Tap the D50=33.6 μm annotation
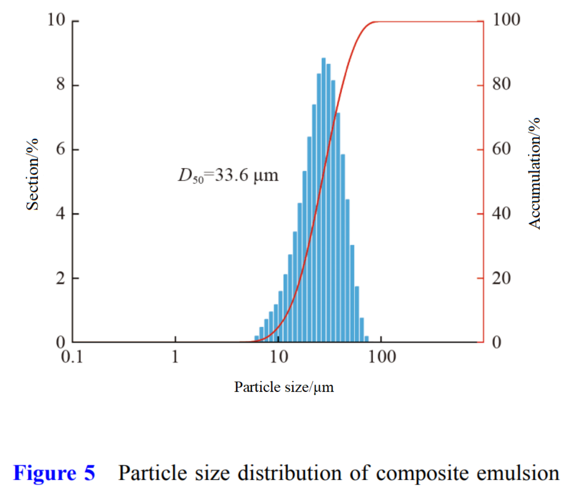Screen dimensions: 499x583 click(x=228, y=175)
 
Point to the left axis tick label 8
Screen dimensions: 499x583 click(x=61, y=85)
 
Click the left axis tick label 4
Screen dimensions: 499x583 click(x=61, y=213)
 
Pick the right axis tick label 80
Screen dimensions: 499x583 click(x=501, y=84)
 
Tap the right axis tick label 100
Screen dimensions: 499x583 click(x=506, y=20)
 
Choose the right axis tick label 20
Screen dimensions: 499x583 click(x=501, y=278)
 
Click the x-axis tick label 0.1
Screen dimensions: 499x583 click(x=72, y=357)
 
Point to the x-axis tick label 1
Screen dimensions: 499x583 click(x=175, y=357)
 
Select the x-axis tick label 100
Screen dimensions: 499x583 click(x=382, y=357)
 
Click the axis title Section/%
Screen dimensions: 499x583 click(x=32, y=175)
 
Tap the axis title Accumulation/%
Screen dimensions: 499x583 click(x=534, y=173)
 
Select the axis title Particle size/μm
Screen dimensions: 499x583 click(x=284, y=387)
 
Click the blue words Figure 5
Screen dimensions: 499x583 click(x=54, y=473)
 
